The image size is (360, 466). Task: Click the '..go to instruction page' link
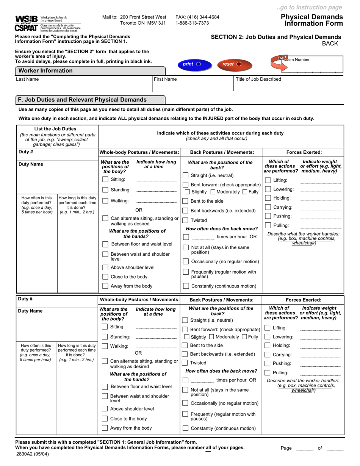coord(309,7)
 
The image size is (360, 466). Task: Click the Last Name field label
coord(27,79)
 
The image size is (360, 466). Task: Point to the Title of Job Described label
coord(258,79)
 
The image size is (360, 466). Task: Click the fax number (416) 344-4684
coord(197,17)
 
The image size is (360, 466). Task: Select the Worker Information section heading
coord(45,70)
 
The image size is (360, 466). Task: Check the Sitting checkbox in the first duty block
coord(105,180)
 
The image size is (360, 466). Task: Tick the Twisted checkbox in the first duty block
coord(186,220)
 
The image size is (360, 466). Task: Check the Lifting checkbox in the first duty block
coord(268,180)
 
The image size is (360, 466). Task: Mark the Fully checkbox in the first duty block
coord(245,192)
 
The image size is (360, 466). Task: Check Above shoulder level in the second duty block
coord(105,409)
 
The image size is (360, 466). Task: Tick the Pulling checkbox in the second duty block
coord(268,373)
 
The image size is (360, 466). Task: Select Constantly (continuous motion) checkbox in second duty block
coord(185,428)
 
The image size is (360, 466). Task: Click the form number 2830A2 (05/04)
coord(32,454)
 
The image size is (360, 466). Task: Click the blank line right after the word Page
coord(304,449)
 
